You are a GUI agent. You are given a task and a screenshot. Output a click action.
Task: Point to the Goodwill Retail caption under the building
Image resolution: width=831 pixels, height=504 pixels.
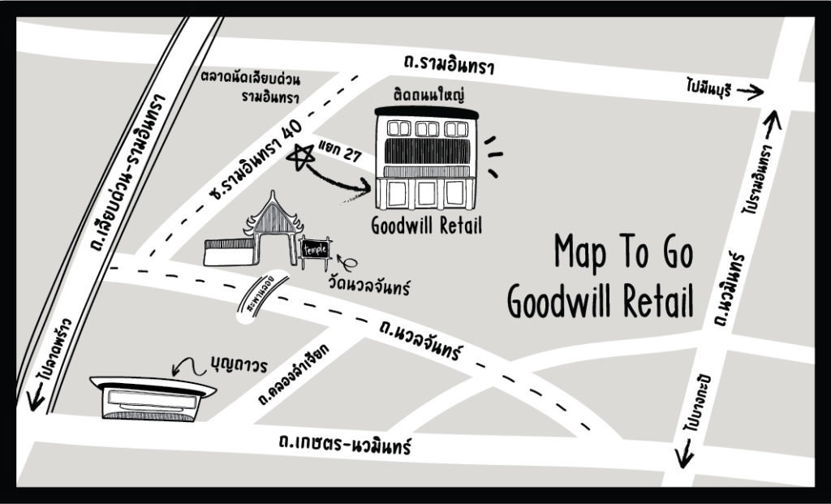pos(426,226)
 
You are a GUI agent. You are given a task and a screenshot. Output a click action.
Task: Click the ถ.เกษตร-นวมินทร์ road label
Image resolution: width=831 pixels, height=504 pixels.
pos(344,444)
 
